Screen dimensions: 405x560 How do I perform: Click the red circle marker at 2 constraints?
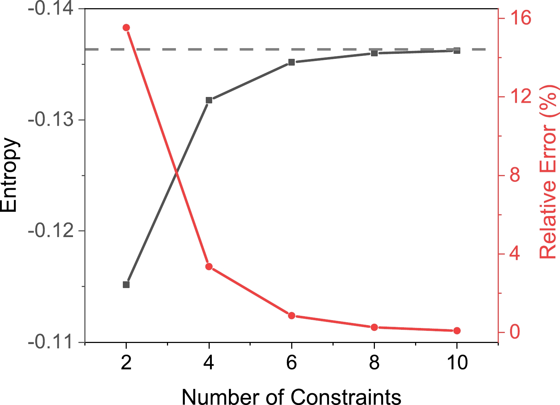tap(126, 28)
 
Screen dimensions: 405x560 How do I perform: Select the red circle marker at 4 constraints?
tap(209, 267)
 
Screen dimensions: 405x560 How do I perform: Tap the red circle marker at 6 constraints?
tap(292, 316)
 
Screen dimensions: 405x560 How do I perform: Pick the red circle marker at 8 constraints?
tap(374, 327)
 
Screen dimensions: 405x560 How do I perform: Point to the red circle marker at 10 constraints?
tap(457, 331)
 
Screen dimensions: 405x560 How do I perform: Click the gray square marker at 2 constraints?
tap(126, 284)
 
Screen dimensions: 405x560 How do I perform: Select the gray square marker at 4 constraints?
tap(209, 100)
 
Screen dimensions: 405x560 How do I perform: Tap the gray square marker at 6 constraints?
tap(292, 62)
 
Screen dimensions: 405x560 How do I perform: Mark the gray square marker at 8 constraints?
tap(374, 53)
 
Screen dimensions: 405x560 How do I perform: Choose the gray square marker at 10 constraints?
tap(457, 51)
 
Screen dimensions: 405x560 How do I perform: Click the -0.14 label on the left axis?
tap(51, 9)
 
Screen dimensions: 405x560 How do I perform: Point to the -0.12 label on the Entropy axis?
tap(51, 231)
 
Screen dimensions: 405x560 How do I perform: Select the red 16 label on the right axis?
tap(520, 18)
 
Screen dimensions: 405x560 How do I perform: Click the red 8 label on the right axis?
tap(515, 175)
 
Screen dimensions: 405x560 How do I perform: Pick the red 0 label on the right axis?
tap(515, 332)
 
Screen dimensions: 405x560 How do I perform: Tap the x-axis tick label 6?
tap(292, 363)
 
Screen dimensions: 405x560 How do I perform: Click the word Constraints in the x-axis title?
tap(346, 396)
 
